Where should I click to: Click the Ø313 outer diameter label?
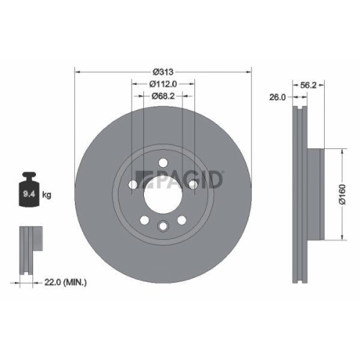click(x=163, y=71)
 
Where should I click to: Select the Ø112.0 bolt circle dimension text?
click(x=163, y=84)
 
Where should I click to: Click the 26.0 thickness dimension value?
click(x=278, y=96)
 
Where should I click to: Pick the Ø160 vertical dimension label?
click(x=344, y=194)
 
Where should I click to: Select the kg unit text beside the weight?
click(x=47, y=194)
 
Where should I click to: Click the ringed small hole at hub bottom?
click(x=163, y=228)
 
